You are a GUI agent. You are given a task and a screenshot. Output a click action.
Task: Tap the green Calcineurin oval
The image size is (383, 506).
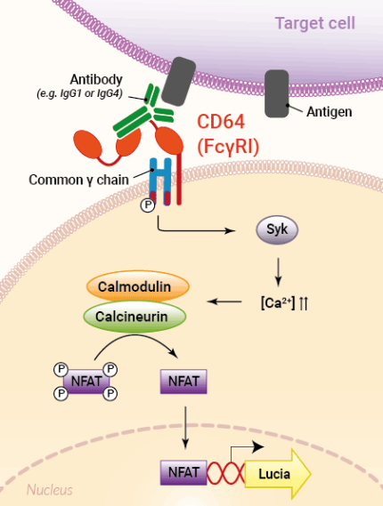coord(134,315)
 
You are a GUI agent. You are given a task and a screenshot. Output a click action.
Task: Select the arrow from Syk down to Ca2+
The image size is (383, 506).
coord(278,269)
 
